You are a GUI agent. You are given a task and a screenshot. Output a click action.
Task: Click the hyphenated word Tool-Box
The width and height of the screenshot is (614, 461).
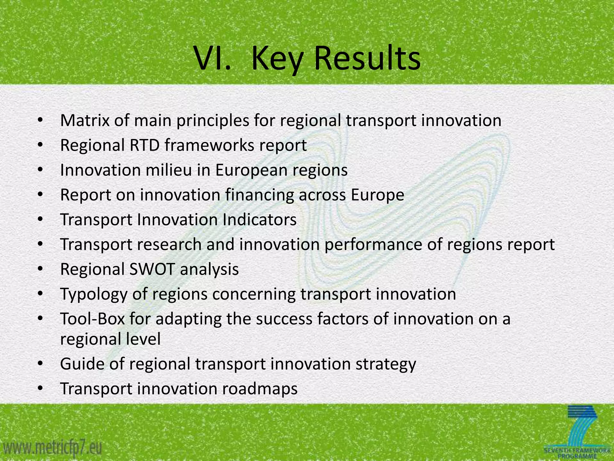(x=92, y=319)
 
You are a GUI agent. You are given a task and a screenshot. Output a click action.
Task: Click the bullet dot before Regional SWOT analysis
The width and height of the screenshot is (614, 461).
(x=41, y=270)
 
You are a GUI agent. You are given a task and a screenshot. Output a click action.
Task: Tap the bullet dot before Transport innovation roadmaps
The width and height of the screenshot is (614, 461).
(x=41, y=389)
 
